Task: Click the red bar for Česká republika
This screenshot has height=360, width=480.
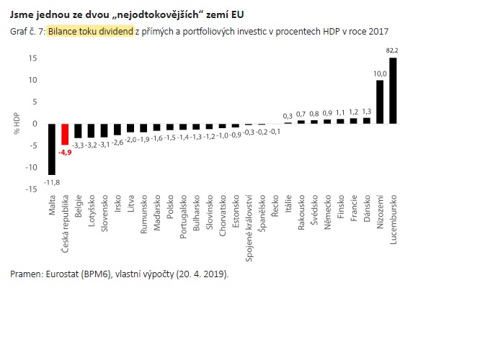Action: pyautogui.click(x=65, y=135)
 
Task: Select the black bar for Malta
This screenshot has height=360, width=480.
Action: pyautogui.click(x=52, y=148)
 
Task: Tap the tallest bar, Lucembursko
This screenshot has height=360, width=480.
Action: pyautogui.click(x=393, y=91)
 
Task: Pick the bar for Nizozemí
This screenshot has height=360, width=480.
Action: pyautogui.click(x=380, y=102)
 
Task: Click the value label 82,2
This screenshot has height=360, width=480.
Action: pyautogui.click(x=393, y=50)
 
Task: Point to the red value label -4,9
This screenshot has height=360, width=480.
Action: pyautogui.click(x=65, y=152)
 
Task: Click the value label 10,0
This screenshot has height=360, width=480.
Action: pyautogui.click(x=379, y=73)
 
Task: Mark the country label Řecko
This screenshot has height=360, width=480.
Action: pyautogui.click(x=275, y=204)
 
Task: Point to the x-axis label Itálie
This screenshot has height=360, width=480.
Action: pyautogui.click(x=288, y=204)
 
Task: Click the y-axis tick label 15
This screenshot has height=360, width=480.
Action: pyautogui.click(x=32, y=58)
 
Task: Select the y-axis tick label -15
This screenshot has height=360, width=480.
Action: pyautogui.click(x=31, y=189)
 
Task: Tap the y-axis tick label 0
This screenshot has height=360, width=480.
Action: pyautogui.click(x=35, y=124)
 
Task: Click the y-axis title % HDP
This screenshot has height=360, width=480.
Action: pyautogui.click(x=15, y=123)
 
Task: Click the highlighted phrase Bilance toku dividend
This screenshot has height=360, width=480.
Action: pyautogui.click(x=91, y=32)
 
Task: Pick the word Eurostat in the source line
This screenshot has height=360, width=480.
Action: pyautogui.click(x=60, y=274)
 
